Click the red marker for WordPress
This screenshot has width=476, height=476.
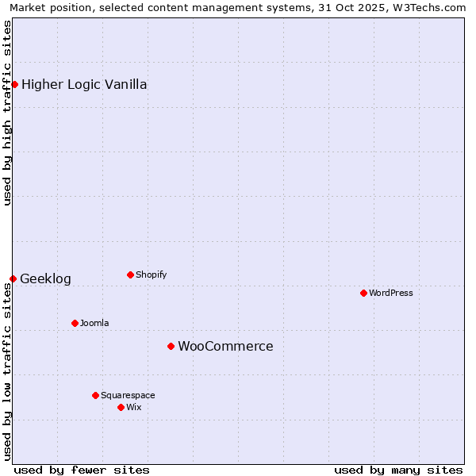click(363, 293)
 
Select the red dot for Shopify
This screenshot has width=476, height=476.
click(130, 274)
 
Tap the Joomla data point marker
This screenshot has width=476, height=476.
click(75, 323)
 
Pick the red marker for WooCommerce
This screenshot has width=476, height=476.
click(171, 346)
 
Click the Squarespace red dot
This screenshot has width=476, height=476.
click(95, 395)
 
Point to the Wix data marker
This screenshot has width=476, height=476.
click(121, 407)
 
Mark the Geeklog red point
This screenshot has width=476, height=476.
click(13, 278)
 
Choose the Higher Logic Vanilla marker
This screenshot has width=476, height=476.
click(14, 84)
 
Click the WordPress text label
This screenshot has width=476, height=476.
click(391, 293)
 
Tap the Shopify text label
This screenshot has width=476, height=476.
click(151, 274)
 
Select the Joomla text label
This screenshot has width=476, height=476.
click(94, 323)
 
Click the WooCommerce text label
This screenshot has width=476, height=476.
click(225, 346)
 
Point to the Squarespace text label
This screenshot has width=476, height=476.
click(128, 395)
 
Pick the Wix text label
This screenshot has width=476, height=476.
click(133, 407)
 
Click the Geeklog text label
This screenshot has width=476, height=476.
click(45, 278)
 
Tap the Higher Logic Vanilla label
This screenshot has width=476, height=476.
click(84, 84)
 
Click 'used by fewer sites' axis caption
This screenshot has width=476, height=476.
click(82, 470)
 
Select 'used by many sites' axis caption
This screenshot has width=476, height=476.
click(398, 470)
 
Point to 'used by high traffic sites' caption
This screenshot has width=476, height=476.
click(7, 113)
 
